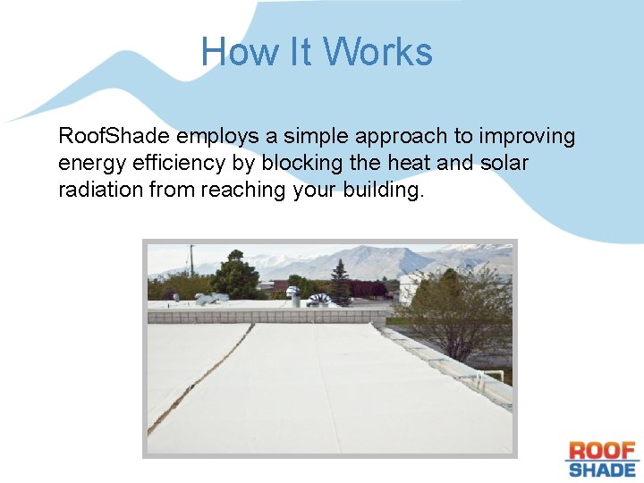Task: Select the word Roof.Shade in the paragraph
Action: pyautogui.click(x=114, y=136)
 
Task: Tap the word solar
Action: pyautogui.click(x=504, y=164)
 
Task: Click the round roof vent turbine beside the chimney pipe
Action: pyautogui.click(x=318, y=299)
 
